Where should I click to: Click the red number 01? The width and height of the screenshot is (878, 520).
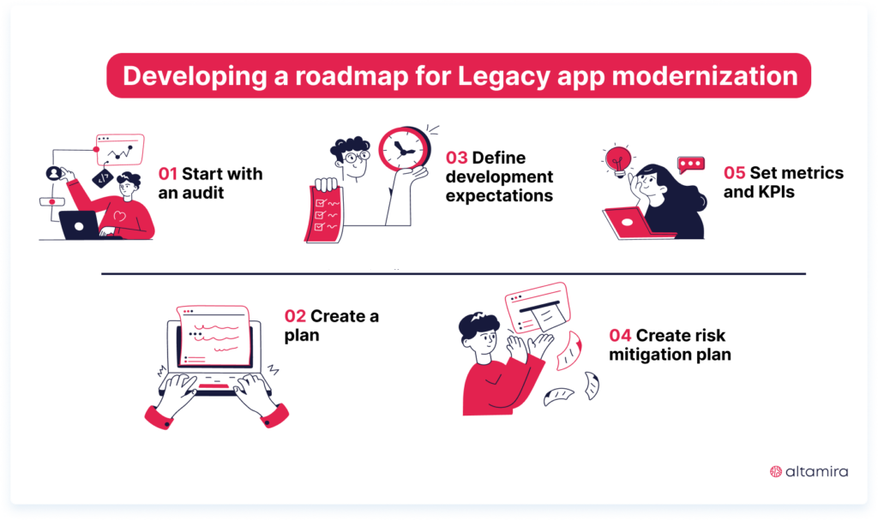(x=169, y=174)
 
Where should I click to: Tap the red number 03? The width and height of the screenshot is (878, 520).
(x=456, y=158)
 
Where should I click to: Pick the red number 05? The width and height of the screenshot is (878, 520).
(x=735, y=173)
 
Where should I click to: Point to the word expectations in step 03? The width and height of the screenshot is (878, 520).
(x=499, y=196)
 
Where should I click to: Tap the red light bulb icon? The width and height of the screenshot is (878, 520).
(x=617, y=159)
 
